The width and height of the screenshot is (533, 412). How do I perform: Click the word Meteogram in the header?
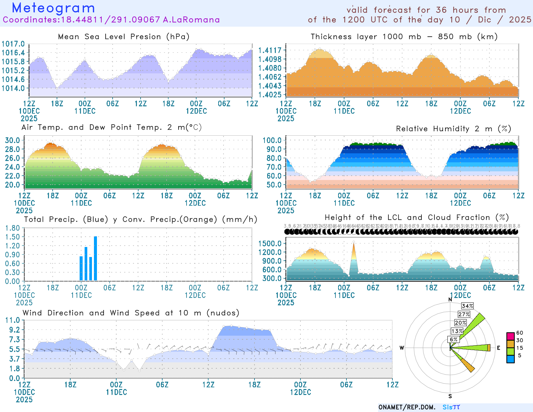pyautogui.click(x=53, y=8)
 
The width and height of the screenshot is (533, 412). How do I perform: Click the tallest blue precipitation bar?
pyautogui.click(x=95, y=258)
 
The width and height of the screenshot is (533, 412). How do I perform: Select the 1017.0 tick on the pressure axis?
pyautogui.click(x=13, y=44)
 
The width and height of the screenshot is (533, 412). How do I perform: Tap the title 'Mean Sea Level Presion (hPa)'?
pyautogui.click(x=124, y=37)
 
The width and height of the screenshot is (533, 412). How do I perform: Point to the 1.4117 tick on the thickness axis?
pyautogui.click(x=270, y=50)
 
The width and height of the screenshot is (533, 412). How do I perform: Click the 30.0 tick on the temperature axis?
pyautogui.click(x=13, y=140)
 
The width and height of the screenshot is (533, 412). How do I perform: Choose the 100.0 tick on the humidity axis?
pyautogui.click(x=272, y=140)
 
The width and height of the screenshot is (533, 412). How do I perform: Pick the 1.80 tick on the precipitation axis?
pyautogui.click(x=13, y=228)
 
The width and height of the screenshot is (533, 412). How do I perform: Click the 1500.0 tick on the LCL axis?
pyautogui.click(x=270, y=243)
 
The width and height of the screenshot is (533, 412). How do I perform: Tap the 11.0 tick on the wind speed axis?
pyautogui.click(x=13, y=320)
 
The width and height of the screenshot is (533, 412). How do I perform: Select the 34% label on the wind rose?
pyautogui.click(x=467, y=306)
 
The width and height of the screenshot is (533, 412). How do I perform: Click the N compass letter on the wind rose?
pyautogui.click(x=450, y=299)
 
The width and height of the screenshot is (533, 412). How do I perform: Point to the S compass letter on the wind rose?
pyautogui.click(x=450, y=396)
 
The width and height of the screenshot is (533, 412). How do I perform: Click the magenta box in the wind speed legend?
pyautogui.click(x=510, y=336)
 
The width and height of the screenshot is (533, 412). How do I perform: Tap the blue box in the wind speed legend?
pyautogui.click(x=510, y=359)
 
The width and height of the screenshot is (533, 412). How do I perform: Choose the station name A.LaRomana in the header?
pyautogui.click(x=191, y=20)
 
